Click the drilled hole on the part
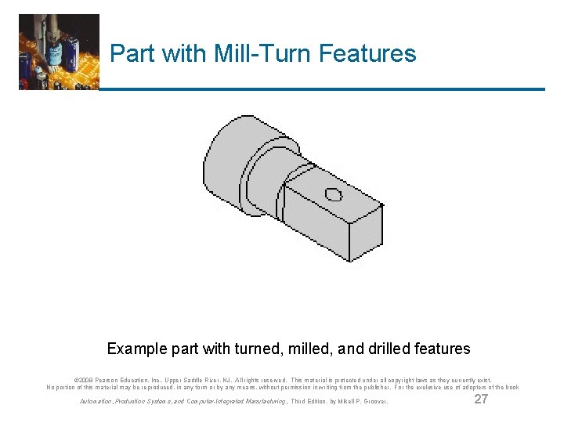tap(334, 194)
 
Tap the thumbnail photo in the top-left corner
tap(59, 52)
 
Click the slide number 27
tap(482, 400)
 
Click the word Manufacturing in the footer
tap(262, 402)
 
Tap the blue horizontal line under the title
tap(321, 89)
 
